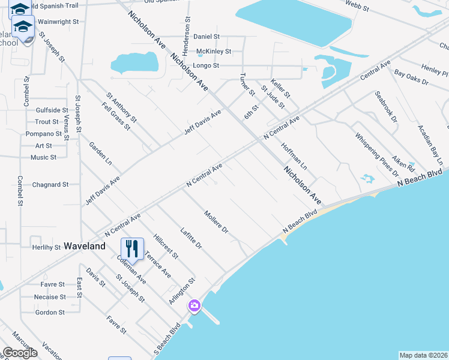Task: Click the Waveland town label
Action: tap(85, 246)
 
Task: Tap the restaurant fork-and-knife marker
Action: tap(131, 248)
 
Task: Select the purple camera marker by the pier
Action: tap(194, 306)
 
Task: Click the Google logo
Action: tap(20, 353)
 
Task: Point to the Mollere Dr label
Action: tap(216, 221)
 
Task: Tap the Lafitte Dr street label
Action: tap(191, 238)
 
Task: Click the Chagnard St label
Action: tap(50, 185)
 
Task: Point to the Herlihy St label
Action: tap(46, 247)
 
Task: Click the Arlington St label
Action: tap(182, 291)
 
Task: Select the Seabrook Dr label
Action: tap(386, 106)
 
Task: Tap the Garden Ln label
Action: tap(100, 154)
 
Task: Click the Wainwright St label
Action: tap(58, 22)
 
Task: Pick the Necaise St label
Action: tap(50, 297)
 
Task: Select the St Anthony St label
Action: tap(122, 107)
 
